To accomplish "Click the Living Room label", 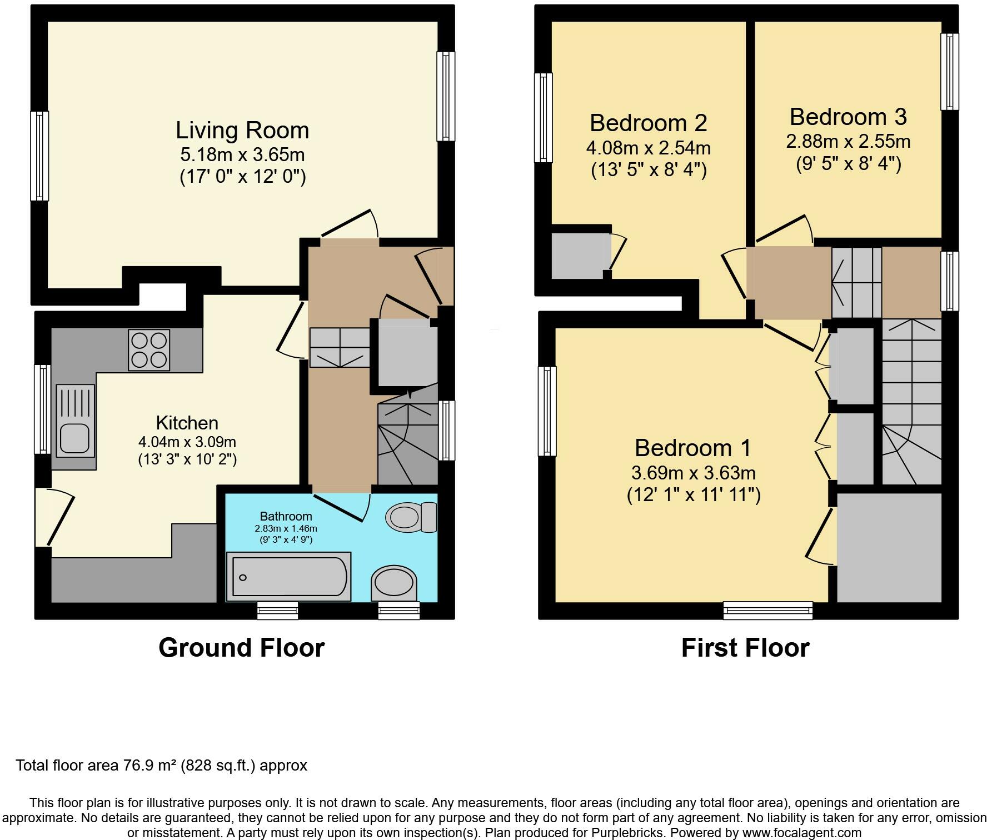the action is tap(242, 131).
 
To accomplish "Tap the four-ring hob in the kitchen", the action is tap(149, 350).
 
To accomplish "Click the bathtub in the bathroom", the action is tap(288, 577).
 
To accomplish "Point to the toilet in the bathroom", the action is tap(411, 517).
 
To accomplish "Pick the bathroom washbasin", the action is tap(394, 583).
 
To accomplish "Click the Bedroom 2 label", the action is tap(649, 123).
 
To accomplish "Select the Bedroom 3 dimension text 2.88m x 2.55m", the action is tap(848, 141).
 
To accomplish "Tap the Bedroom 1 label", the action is tap(693, 448).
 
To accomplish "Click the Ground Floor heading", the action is tap(241, 648).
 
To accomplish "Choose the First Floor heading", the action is tap(745, 648).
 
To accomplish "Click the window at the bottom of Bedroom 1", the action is tap(768, 611).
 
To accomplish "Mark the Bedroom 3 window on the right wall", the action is tap(950, 72).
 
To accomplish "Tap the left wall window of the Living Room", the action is tap(39, 156).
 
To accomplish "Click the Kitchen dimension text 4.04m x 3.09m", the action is tap(187, 442).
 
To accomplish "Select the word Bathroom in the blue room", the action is tap(286, 517).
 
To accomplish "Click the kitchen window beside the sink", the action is tap(43, 409).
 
